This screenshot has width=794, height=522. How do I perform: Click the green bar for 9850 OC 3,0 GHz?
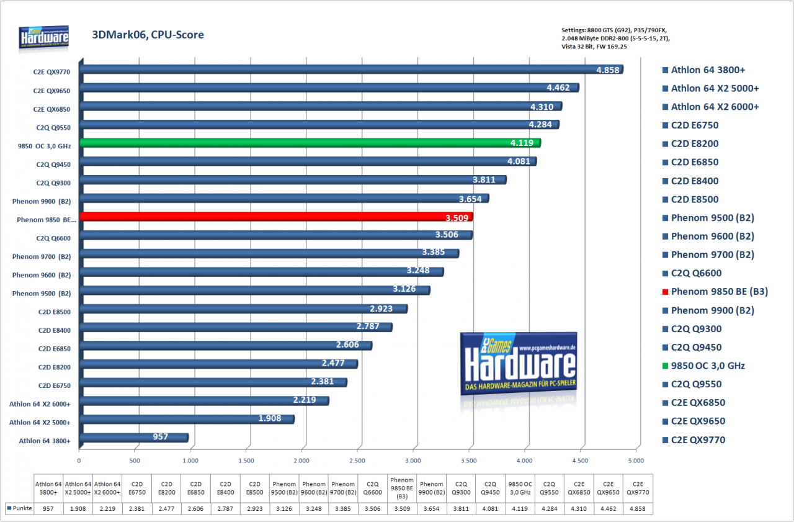tap(310, 143)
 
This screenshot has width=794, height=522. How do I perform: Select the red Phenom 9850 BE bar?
tap(277, 217)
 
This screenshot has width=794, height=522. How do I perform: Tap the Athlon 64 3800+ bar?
tap(134, 438)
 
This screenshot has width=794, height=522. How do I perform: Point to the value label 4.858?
tap(607, 70)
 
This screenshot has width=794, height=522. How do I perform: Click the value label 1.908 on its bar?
tap(269, 418)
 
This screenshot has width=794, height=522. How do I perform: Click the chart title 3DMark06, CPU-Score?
tap(148, 34)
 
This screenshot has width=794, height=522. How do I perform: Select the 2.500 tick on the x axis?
tap(357, 461)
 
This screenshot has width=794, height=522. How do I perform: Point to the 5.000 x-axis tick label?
tap(636, 461)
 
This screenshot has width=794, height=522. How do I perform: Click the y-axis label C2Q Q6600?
tap(53, 238)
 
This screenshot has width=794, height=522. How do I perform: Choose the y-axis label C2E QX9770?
tap(51, 72)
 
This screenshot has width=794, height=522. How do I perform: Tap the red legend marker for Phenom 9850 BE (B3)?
tap(665, 292)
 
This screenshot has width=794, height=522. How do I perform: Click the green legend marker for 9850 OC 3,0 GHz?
tap(665, 366)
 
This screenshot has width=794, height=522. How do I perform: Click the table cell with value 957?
tap(48, 508)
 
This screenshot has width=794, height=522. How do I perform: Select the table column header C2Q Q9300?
tap(461, 488)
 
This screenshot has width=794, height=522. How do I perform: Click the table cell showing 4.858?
tap(637, 508)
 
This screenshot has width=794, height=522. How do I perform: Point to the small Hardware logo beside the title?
tap(43, 37)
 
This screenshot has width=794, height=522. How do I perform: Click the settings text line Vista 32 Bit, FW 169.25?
tap(594, 47)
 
